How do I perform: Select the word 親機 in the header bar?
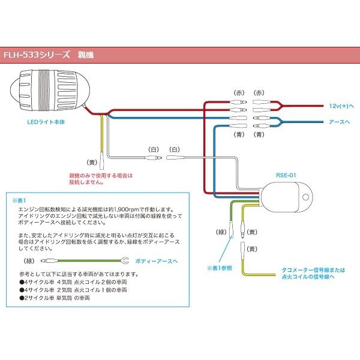[x=86, y=53]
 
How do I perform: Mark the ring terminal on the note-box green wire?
[x=126, y=261]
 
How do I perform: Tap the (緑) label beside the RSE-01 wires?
[x=220, y=230]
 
